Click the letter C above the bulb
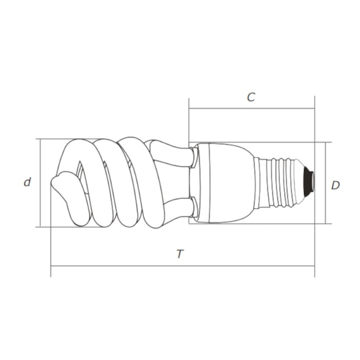tap(251, 97)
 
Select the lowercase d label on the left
tap(27, 182)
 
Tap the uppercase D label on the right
tap(335, 185)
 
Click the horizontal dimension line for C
tap(251, 109)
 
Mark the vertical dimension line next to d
tap(41, 182)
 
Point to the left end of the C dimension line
tap(189, 109)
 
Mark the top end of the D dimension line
tap(325, 142)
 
